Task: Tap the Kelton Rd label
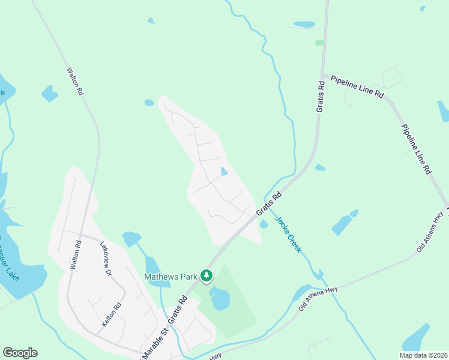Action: (x=112, y=313)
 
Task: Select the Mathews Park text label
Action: (x=170, y=277)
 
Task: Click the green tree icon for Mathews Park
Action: (x=206, y=276)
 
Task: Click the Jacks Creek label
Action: (x=288, y=233)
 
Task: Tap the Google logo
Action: (x=20, y=353)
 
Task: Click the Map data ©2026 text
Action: (x=423, y=355)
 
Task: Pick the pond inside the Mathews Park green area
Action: (x=220, y=298)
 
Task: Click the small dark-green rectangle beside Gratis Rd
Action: (x=319, y=43)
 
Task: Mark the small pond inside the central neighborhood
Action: (x=224, y=172)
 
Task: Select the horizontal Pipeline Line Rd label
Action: (x=357, y=85)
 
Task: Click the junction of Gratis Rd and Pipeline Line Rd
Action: (x=323, y=76)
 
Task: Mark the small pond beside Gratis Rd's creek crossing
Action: (x=264, y=224)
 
